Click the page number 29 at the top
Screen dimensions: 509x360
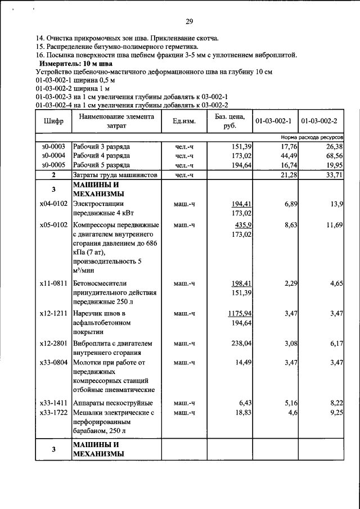189,21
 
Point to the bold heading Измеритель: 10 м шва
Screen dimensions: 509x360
79,64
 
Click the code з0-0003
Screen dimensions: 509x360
53,146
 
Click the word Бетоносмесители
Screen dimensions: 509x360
100,283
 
